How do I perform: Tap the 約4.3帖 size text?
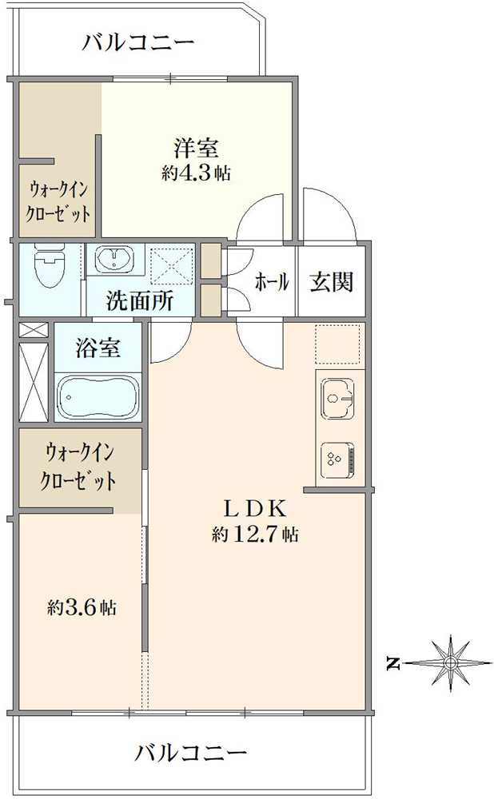click(196, 173)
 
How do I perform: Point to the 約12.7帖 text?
click(255, 535)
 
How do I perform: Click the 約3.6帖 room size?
click(81, 608)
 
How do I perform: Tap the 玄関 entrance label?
click(332, 281)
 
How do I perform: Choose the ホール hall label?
click(271, 282)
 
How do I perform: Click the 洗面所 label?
click(140, 302)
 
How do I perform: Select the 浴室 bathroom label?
click(98, 348)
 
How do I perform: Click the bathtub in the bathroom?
click(98, 396)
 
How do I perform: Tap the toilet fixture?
click(50, 266)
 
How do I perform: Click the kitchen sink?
click(339, 397)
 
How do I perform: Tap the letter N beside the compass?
click(392, 662)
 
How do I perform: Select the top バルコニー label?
click(138, 42)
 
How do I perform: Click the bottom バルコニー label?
click(190, 753)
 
